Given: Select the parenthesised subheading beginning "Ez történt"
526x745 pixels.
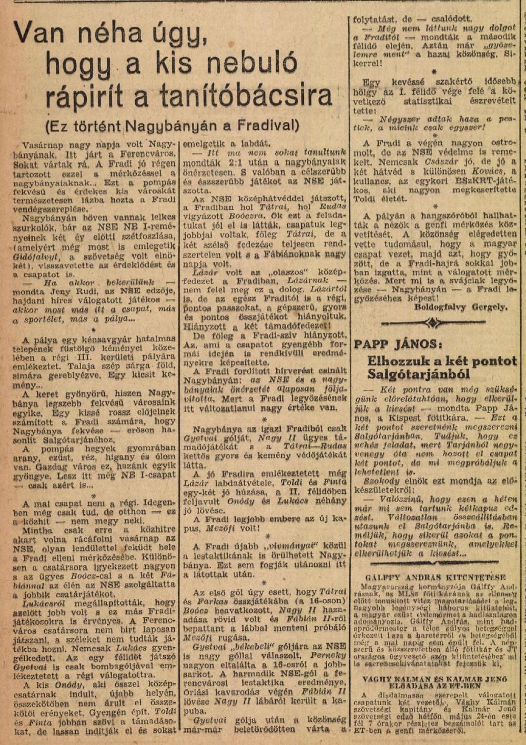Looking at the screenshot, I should tap(172, 126).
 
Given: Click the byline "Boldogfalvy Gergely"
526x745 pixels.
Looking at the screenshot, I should tap(461, 307).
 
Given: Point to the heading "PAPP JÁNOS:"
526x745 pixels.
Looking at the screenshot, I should tap(395, 344).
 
